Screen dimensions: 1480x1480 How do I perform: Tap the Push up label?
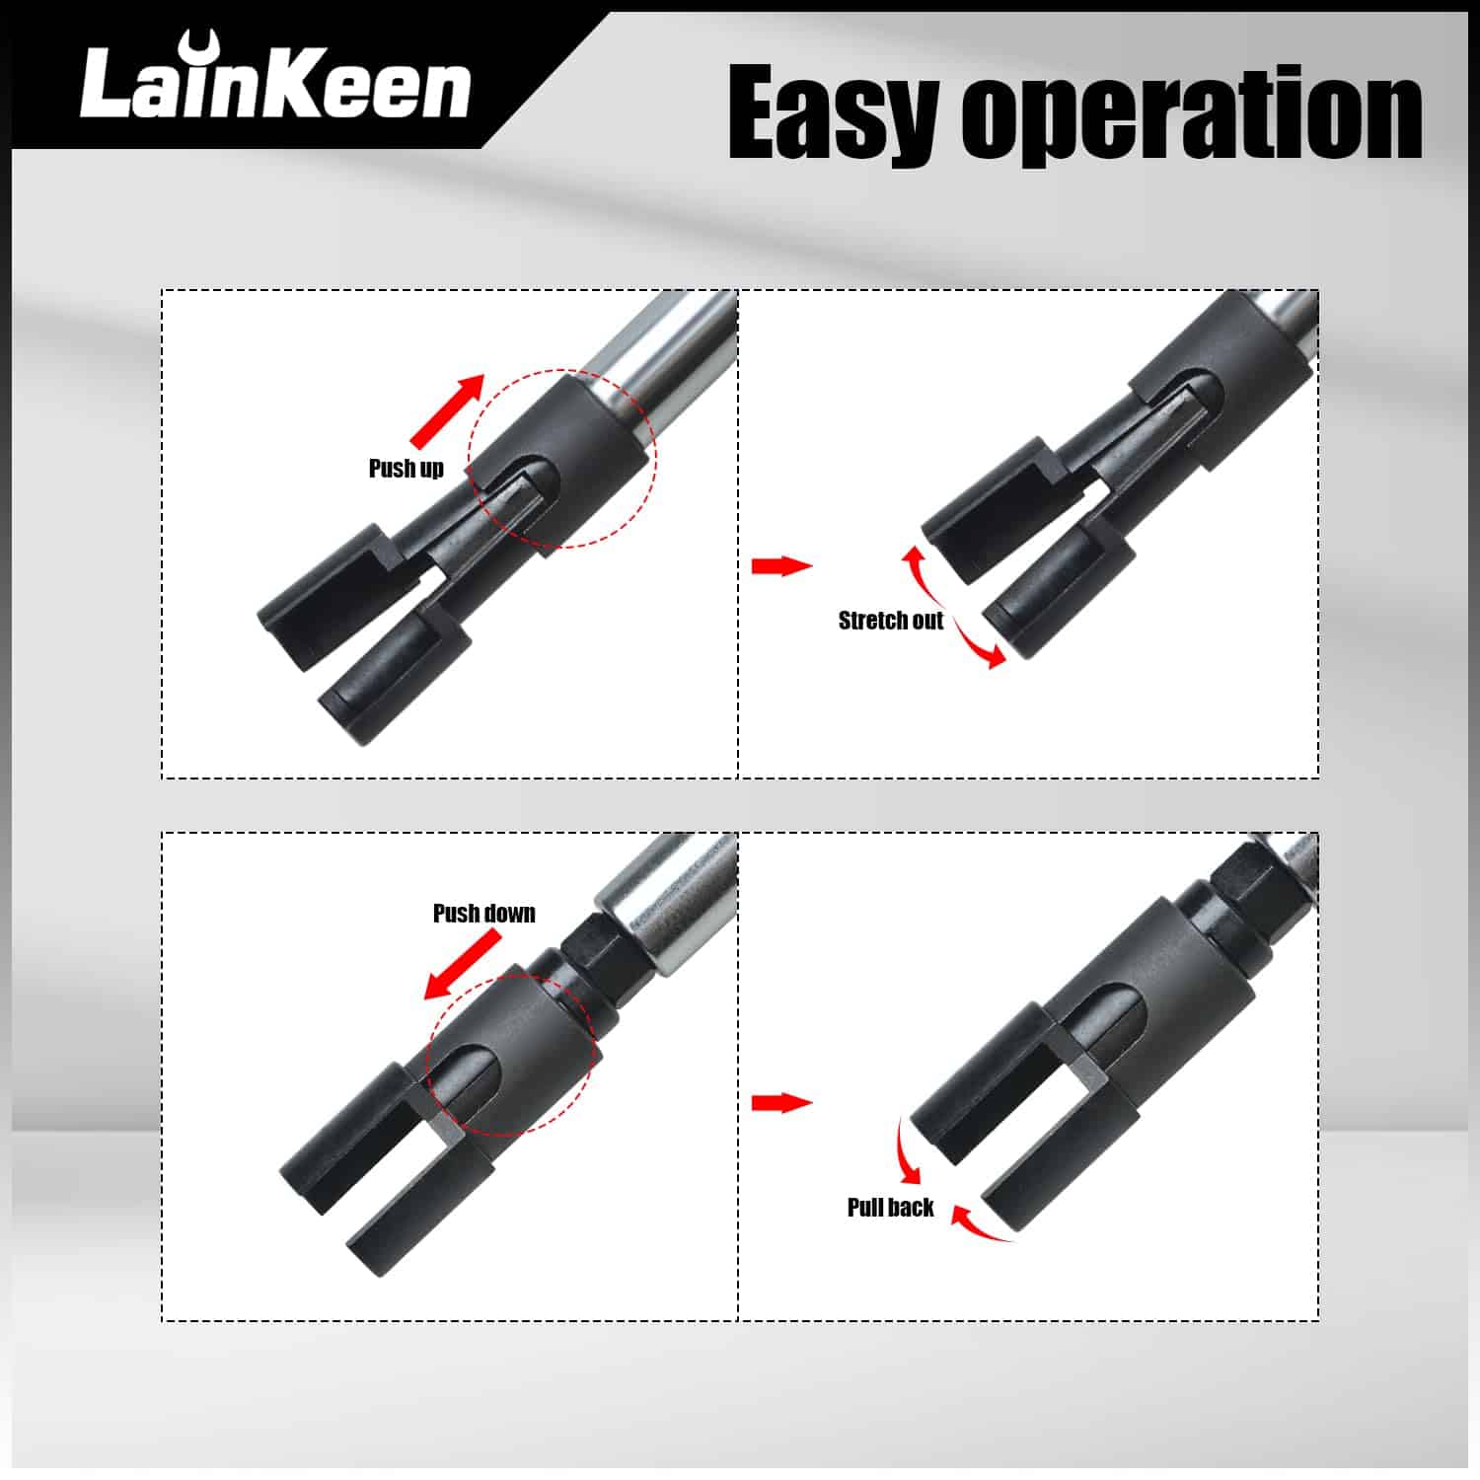pos(407,469)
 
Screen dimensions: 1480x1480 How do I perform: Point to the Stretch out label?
pos(891,621)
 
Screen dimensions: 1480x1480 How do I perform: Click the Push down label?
pos(484,914)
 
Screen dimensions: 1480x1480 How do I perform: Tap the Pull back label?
pos(890,1208)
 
